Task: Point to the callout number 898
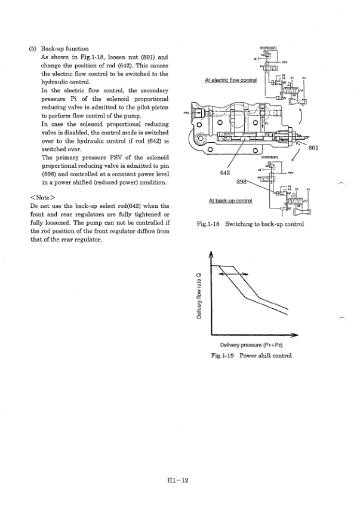pyautogui.click(x=243, y=180)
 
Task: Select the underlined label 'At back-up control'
pyautogui.click(x=231, y=200)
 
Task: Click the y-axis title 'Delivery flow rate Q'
pyautogui.click(x=204, y=296)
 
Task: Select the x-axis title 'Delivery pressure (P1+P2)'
pyautogui.click(x=251, y=345)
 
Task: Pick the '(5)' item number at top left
pyautogui.click(x=33, y=48)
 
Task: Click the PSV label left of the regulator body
pyautogui.click(x=186, y=112)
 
